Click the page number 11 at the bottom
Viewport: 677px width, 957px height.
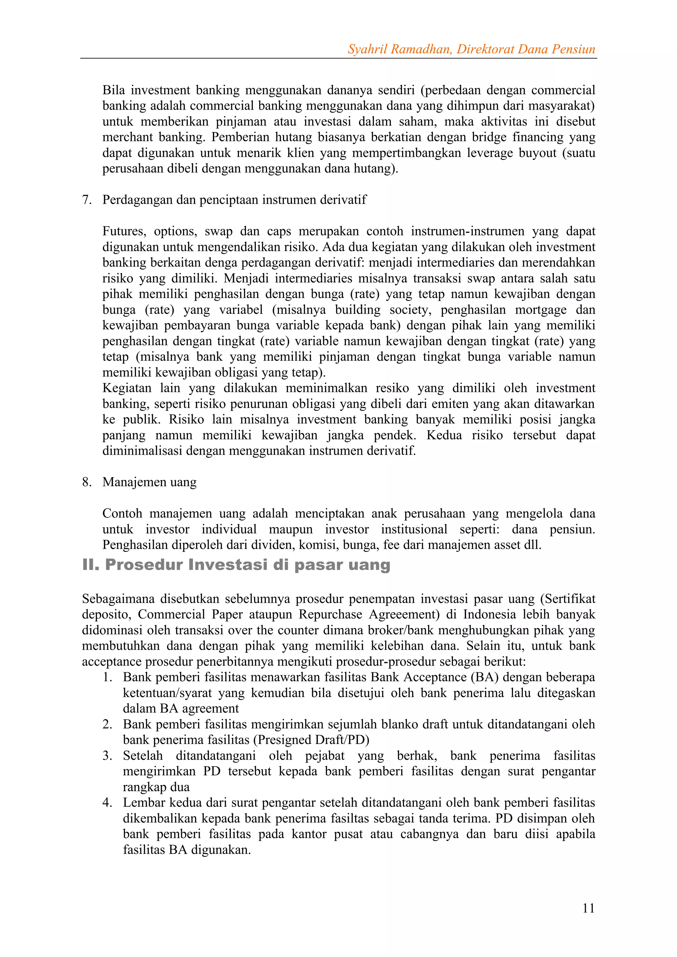point(588,908)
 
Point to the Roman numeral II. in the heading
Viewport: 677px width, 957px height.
point(91,565)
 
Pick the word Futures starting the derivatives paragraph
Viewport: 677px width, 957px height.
point(124,231)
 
